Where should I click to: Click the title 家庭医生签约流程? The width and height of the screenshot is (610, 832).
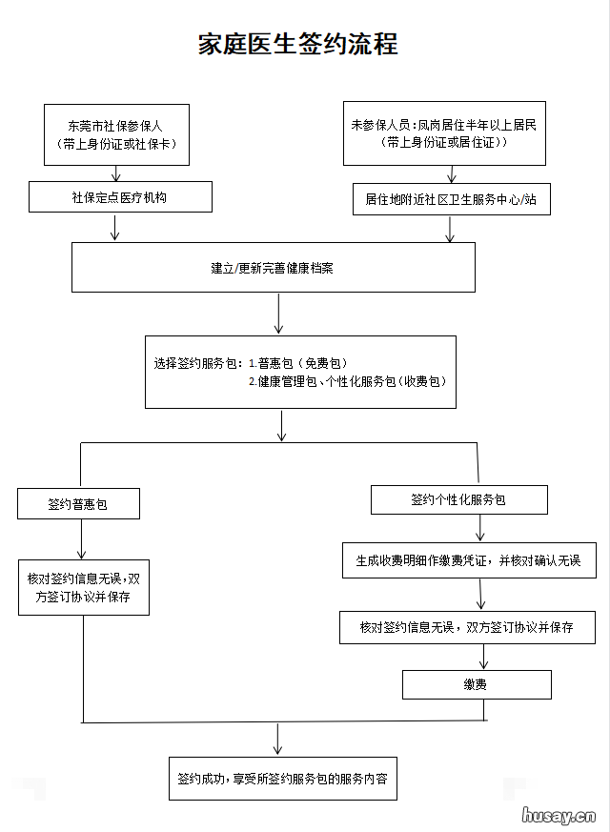[x=297, y=44]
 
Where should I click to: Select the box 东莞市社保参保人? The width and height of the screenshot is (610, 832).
[x=116, y=134]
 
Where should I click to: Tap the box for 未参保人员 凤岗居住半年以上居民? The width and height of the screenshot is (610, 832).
[x=448, y=133]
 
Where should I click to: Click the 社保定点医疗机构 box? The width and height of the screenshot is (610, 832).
[x=119, y=197]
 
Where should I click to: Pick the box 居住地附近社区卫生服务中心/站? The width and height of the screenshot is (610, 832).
[x=451, y=199]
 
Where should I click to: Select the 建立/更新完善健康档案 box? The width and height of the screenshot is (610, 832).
[x=273, y=267]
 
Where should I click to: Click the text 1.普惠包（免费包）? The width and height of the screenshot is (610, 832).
[x=298, y=363]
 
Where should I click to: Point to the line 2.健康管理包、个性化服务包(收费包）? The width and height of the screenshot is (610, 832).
[x=347, y=381]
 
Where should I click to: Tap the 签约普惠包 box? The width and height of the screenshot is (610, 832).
[x=78, y=504]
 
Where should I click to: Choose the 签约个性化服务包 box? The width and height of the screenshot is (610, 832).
[x=458, y=499]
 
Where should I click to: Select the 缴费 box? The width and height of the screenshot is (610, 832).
[x=477, y=684]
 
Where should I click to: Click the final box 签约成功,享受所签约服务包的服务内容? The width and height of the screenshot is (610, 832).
[x=282, y=779]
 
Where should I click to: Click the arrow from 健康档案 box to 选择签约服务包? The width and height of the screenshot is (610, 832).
[x=278, y=314]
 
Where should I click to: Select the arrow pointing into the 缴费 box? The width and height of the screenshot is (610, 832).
[x=484, y=657]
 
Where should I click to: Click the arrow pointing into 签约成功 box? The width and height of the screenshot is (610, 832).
[x=277, y=739]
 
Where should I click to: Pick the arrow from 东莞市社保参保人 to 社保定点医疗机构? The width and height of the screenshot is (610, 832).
[x=116, y=172]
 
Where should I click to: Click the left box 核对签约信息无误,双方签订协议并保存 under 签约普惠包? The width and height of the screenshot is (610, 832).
[x=84, y=587]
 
